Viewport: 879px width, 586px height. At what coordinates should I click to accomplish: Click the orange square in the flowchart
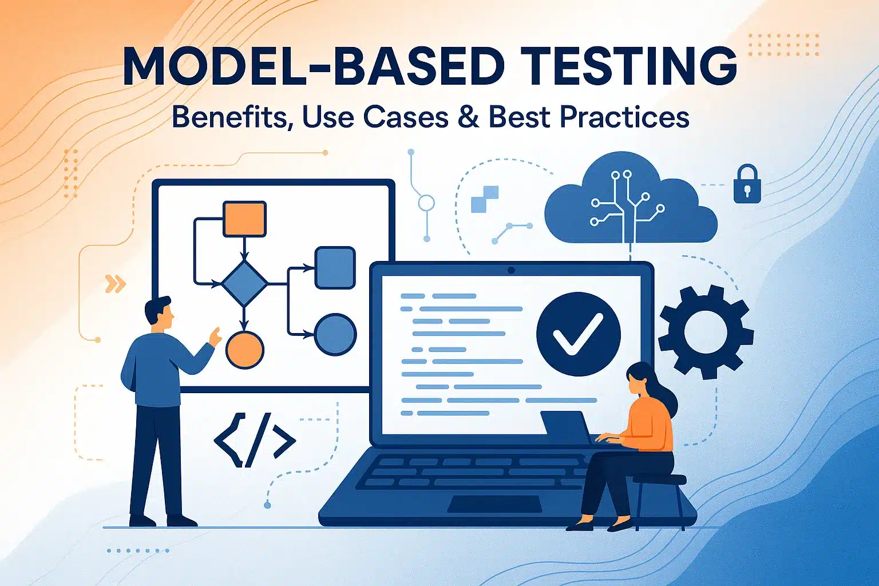(x=244, y=219)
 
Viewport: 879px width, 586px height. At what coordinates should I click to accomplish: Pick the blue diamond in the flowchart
(x=244, y=283)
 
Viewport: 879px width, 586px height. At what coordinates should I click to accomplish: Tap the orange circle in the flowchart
(x=244, y=349)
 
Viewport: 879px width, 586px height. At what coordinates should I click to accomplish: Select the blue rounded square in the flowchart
(x=335, y=267)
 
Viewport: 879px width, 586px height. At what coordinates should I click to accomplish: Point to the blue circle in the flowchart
(x=335, y=334)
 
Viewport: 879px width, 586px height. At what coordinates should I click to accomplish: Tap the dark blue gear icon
(x=705, y=331)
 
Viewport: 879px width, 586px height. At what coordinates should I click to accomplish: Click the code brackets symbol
(x=254, y=440)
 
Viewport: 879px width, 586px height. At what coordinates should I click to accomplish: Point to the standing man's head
(x=158, y=314)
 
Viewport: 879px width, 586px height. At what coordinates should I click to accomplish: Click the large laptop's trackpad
(x=494, y=504)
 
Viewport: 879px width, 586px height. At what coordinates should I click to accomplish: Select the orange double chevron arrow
(x=116, y=283)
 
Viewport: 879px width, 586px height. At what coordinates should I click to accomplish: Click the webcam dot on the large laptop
(x=511, y=270)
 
